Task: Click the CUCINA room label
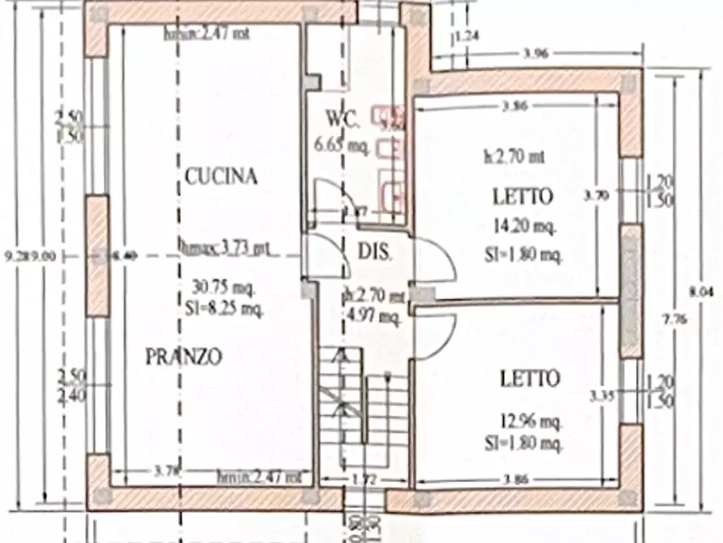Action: point(220,176)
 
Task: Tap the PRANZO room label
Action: point(185,357)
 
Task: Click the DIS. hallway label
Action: point(375,252)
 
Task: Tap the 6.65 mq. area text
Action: point(342,146)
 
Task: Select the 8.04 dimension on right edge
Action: point(705,294)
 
